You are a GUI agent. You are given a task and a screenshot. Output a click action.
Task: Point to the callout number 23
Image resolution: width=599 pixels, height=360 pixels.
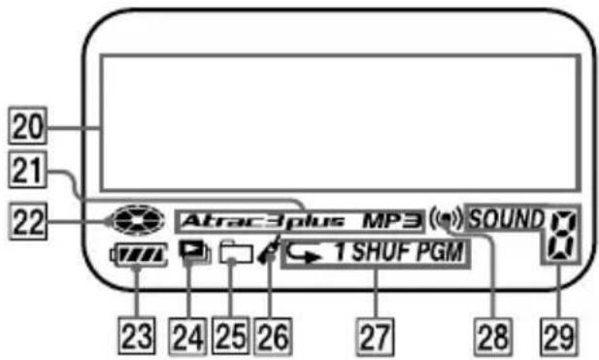coord(140,339)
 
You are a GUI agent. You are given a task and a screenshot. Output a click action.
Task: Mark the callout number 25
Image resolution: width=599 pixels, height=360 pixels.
coord(231,339)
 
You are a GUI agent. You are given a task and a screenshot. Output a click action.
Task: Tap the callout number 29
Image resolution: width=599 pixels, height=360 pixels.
coord(557,339)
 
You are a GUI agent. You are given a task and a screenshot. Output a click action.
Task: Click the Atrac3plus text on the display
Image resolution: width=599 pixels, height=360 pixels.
coord(260,220)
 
